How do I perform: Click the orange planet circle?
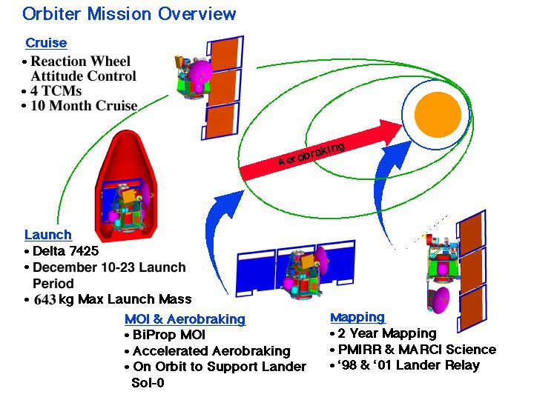438,114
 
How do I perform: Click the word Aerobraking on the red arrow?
311,154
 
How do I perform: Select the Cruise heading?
46,43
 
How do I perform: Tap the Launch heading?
48,235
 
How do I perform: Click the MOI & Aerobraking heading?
185,319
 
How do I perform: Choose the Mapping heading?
357,317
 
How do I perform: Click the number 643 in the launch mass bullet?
44,299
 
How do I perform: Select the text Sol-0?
148,383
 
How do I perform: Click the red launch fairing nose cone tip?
128,131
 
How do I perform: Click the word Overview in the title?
197,14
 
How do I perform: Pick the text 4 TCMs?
56,91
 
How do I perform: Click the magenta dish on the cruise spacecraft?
200,72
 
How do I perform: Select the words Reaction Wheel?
81,61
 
